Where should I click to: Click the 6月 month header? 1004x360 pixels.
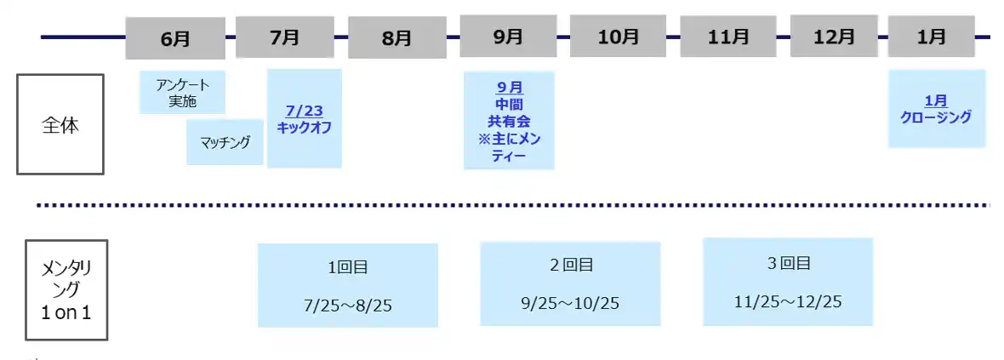(x=175, y=37)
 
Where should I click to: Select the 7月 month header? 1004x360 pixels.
(x=285, y=37)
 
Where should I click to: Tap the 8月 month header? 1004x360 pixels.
(x=397, y=37)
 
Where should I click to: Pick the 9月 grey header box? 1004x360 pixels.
(x=509, y=37)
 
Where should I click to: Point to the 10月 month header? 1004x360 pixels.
(x=619, y=37)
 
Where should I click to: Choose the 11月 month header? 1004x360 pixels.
(x=728, y=37)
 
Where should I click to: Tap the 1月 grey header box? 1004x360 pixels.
(x=931, y=37)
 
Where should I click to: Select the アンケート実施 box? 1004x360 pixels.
(x=182, y=92)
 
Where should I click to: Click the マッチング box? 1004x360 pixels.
(x=225, y=141)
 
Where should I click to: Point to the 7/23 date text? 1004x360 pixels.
(x=305, y=111)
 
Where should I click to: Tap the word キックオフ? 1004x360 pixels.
(x=305, y=127)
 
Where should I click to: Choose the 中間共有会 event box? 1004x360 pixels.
(x=509, y=121)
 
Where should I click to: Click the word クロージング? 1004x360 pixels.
(x=936, y=117)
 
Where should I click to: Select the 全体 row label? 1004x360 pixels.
(x=60, y=124)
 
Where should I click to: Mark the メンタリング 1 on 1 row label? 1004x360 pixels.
(x=66, y=290)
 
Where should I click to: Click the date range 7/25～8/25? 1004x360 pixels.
(x=348, y=306)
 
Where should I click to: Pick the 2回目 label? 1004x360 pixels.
(x=571, y=265)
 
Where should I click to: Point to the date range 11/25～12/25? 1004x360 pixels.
(x=788, y=302)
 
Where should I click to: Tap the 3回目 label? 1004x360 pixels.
(x=788, y=263)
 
